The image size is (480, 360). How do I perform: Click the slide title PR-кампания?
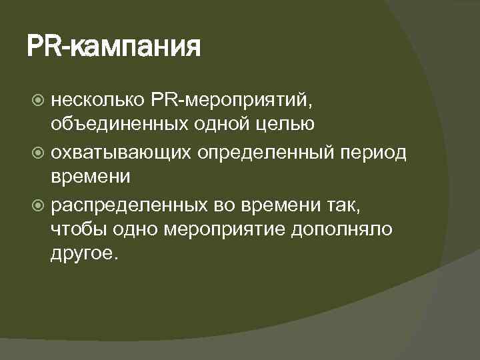[114, 47]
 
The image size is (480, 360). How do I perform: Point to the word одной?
[199, 125]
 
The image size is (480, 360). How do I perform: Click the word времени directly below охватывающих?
[91, 177]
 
